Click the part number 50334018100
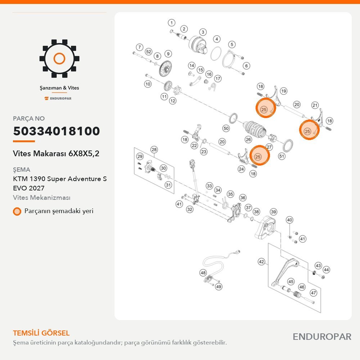(57, 131)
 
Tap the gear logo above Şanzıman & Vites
(59, 59)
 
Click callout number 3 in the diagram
(203, 32)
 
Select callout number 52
(149, 51)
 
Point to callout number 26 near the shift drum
(248, 139)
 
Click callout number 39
(274, 212)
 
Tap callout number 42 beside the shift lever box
(261, 262)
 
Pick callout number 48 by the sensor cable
(203, 273)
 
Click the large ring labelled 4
(216, 54)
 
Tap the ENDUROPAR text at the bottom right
(322, 337)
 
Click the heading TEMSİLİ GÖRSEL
(41, 333)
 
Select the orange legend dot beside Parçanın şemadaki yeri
(17, 211)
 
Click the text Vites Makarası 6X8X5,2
(56, 153)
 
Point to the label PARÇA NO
(29, 118)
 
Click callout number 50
(226, 129)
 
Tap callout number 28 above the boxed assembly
(154, 150)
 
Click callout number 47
(314, 293)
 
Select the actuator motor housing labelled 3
(197, 45)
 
